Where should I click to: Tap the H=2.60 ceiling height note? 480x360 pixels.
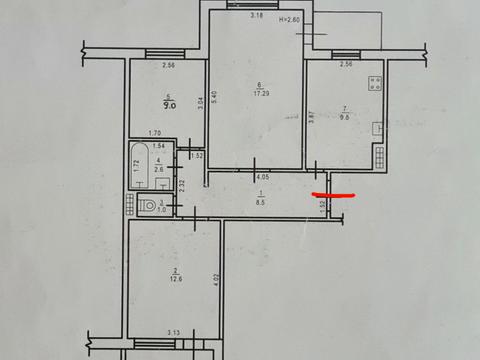coord(289,20)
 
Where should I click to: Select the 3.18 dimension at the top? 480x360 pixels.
coord(256,16)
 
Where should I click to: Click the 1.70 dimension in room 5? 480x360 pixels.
coord(154,133)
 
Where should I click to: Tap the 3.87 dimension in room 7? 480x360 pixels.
coord(311,117)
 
